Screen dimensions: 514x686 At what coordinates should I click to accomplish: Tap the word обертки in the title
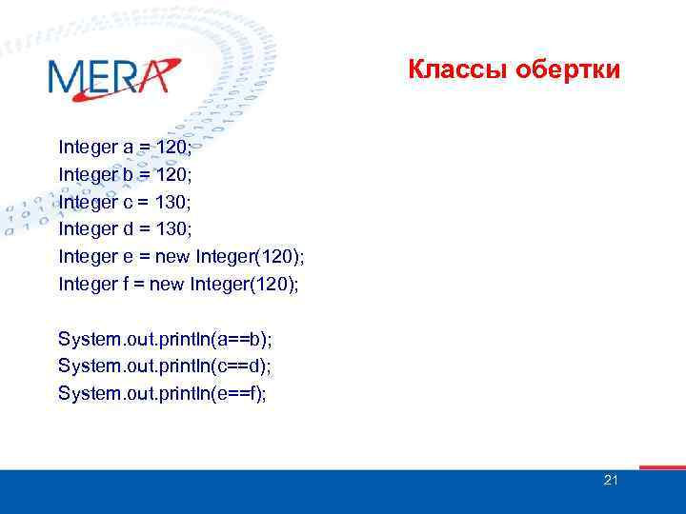click(x=568, y=70)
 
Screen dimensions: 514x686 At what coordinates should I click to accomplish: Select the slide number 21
click(x=611, y=480)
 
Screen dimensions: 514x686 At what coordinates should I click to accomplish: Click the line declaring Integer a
click(x=126, y=148)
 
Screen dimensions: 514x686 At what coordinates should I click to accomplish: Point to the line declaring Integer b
click(x=126, y=175)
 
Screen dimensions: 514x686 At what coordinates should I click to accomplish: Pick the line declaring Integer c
click(x=126, y=202)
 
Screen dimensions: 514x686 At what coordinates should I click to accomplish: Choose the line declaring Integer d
click(x=126, y=229)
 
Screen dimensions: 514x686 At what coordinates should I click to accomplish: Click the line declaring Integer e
click(x=181, y=256)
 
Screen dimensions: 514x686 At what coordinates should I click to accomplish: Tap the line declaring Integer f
click(x=178, y=284)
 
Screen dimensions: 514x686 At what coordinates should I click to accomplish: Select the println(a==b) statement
click(x=165, y=339)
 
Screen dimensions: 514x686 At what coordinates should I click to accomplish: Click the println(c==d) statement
click(x=165, y=366)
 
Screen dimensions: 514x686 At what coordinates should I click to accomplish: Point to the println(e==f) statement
click(x=163, y=393)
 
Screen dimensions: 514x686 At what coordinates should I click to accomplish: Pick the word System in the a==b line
click(x=85, y=339)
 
